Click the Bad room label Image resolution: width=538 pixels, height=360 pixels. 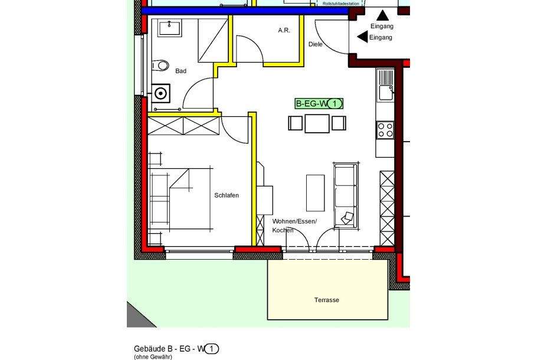181,71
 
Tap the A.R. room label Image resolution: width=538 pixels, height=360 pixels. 284,30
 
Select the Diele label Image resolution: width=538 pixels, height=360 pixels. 316,44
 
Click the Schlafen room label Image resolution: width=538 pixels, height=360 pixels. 227,195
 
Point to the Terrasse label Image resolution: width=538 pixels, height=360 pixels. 326,300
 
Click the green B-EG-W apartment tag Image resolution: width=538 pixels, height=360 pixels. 319,104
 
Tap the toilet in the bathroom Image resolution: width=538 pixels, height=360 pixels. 160,65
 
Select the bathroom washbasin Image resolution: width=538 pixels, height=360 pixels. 173,27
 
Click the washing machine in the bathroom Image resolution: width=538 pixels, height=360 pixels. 160,93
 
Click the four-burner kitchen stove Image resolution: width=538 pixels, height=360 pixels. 385,130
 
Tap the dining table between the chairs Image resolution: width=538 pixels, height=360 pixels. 317,123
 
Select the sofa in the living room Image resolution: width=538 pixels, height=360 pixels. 346,195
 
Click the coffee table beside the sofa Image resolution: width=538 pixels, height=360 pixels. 315,192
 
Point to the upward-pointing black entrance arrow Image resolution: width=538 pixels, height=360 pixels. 383,16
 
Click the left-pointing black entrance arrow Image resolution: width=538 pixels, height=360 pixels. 362,37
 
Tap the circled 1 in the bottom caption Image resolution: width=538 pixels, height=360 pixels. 212,349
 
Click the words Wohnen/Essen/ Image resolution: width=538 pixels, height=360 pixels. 294,221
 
